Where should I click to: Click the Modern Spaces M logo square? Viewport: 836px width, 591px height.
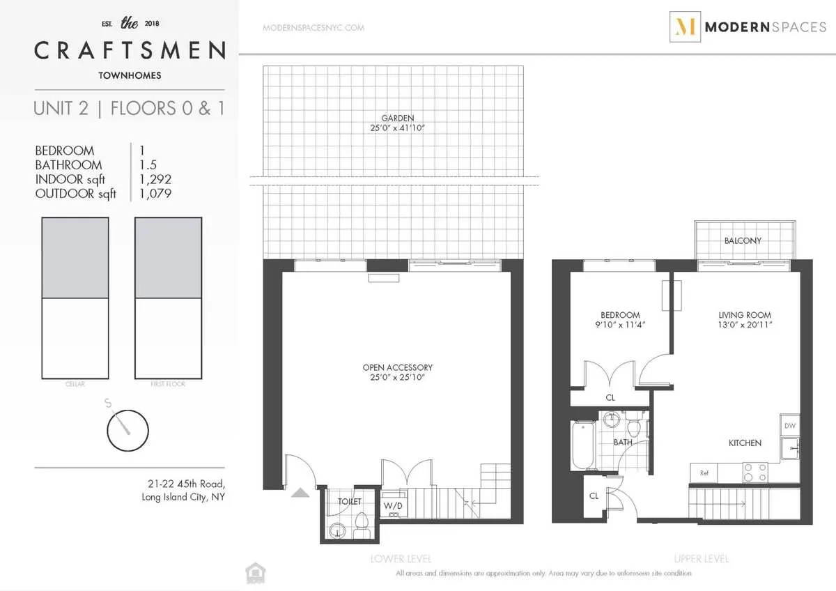[685, 26]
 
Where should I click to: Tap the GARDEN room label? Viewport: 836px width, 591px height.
[397, 118]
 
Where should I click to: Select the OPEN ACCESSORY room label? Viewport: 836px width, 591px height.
[397, 367]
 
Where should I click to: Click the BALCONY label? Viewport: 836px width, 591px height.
[743, 240]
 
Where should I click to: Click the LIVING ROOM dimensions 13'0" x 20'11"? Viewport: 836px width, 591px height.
[745, 325]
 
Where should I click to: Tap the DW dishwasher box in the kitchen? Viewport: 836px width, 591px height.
[789, 426]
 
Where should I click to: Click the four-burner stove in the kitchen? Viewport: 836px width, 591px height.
[752, 473]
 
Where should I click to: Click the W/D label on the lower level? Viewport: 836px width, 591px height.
[393, 505]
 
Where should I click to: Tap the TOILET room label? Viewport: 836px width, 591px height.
[350, 501]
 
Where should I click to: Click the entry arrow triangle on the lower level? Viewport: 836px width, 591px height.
[300, 493]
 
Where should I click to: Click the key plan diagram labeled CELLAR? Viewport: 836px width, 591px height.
[75, 298]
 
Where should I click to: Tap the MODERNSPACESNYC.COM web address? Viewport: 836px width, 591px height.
[313, 28]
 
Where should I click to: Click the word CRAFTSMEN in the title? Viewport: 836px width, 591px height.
[130, 50]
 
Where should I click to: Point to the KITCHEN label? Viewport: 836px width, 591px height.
[745, 443]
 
